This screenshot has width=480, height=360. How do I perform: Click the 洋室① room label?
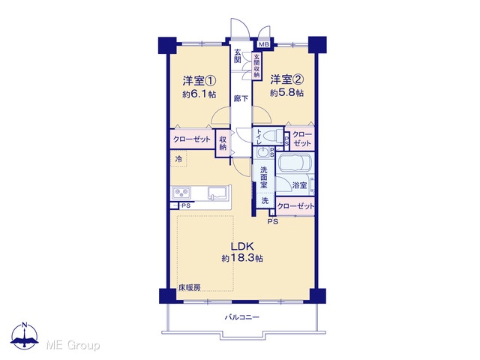[x=199, y=81]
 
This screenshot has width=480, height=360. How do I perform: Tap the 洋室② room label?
[x=286, y=79]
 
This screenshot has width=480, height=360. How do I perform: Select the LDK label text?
[x=242, y=246]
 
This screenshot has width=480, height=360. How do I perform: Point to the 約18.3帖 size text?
[x=242, y=258]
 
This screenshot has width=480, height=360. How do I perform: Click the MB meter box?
[x=263, y=44]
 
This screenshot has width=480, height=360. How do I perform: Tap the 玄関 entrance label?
[x=238, y=55]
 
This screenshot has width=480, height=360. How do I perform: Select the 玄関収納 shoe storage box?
[x=256, y=67]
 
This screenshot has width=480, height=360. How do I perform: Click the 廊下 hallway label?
[x=241, y=98]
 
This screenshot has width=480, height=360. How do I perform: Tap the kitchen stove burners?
[x=181, y=193]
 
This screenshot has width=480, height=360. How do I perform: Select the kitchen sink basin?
[x=217, y=193]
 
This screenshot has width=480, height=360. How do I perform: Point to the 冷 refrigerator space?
[x=178, y=159]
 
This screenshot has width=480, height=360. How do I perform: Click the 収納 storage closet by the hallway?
[x=223, y=143]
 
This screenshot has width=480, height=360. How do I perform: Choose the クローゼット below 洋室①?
[x=193, y=139]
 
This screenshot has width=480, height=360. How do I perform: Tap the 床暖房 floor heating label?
[x=190, y=288]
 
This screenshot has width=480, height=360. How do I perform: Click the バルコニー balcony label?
[x=241, y=317]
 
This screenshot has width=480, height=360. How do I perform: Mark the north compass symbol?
[x=25, y=335]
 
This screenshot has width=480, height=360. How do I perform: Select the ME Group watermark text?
[x=73, y=346]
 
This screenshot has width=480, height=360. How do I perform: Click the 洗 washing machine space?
[x=265, y=201]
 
